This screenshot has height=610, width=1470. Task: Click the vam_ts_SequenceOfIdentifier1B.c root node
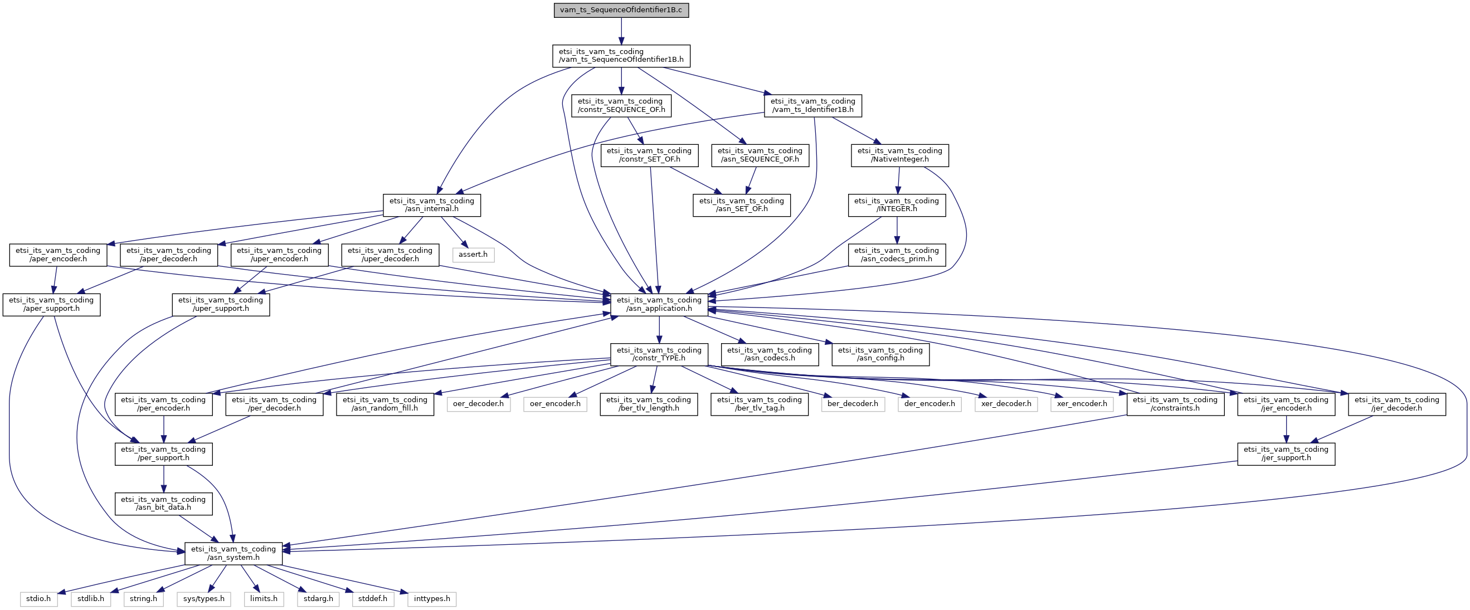tap(621, 10)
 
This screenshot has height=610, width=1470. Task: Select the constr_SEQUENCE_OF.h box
tap(621, 105)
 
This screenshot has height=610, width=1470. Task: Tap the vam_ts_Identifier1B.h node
tap(812, 105)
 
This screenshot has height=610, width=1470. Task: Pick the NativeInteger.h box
tap(899, 155)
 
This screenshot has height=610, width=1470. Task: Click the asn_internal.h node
tap(431, 205)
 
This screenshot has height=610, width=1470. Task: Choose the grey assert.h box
tap(473, 255)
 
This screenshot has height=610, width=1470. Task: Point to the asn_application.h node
tap(659, 305)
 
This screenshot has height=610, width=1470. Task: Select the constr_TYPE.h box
tap(659, 354)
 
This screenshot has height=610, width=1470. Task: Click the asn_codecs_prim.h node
tap(897, 255)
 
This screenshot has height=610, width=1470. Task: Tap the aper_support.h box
tap(51, 305)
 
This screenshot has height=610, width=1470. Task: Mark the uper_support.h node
tap(221, 305)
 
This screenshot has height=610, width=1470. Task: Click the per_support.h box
tap(163, 453)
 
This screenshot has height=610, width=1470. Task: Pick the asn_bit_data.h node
tap(163, 503)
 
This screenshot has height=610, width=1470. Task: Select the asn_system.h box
tap(233, 554)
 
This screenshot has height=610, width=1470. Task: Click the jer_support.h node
tap(1286, 453)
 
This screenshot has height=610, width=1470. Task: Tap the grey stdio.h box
tap(39, 599)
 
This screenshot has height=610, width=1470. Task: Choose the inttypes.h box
tap(432, 599)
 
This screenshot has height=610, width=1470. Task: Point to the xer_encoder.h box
tap(1082, 404)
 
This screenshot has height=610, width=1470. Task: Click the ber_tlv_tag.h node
tap(760, 404)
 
